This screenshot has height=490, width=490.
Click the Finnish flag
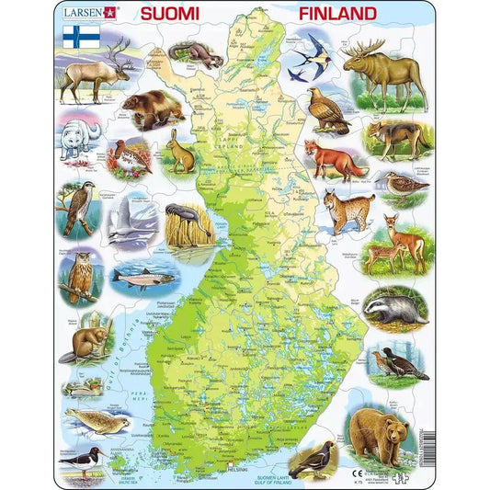tap(82, 38)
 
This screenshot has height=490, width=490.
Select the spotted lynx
tap(352, 212)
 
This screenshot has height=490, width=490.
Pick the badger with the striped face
tap(393, 310)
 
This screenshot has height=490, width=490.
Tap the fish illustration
tap(142, 275)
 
